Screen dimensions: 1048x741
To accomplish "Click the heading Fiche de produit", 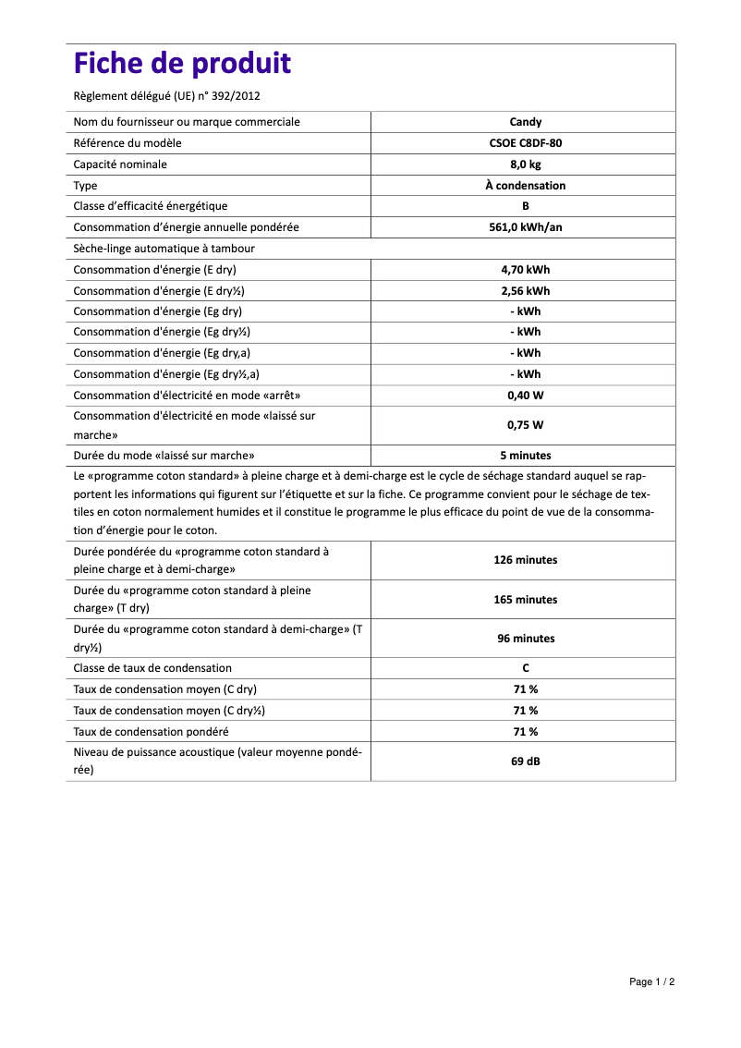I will pos(182,64).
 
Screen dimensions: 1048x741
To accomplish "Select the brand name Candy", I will pos(525,122).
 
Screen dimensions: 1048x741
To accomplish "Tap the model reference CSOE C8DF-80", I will pos(525,143).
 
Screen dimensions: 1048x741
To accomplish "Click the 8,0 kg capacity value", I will pos(525,165).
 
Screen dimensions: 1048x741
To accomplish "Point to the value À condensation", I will pos(525,186).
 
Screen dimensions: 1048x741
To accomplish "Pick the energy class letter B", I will pos(525,206).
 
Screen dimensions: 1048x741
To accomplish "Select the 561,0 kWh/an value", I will pos(525,227).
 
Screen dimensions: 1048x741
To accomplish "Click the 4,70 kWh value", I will pos(525,270).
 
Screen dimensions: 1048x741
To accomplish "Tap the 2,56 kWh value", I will pos(525,291).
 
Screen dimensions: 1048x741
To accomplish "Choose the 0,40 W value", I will pos(525,396).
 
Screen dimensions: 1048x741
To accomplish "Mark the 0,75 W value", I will pos(525,425).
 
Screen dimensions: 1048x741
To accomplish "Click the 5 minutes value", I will pos(525,456).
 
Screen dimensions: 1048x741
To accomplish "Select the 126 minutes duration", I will pos(525,560).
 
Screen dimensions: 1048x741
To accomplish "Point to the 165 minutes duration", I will pos(525,600).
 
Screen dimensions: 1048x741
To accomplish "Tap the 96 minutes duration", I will pos(525,639).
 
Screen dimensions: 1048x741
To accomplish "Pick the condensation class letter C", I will pos(525,668).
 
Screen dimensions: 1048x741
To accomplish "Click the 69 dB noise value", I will pos(525,761).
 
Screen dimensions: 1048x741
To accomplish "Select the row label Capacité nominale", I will pos(120,165).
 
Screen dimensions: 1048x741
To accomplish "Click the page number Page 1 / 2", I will pos(651,981).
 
